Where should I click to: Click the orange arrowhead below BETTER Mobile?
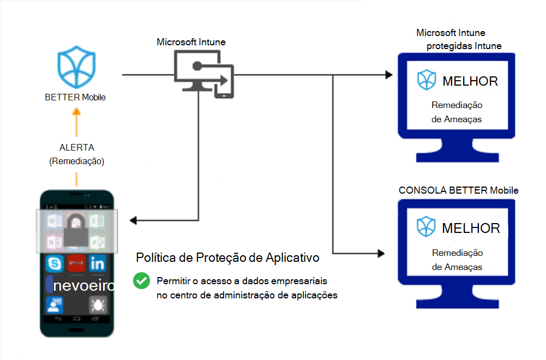tap(76, 111)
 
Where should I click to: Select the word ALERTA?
tap(76, 148)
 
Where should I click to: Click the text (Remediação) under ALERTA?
tap(76, 161)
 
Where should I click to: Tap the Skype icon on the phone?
tap(53, 264)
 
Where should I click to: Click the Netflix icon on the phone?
tap(76, 264)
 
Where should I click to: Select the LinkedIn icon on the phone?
tap(98, 264)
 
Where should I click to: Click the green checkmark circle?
tap(142, 281)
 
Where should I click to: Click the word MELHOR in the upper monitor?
tap(470, 82)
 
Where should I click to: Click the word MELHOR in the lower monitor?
tap(471, 228)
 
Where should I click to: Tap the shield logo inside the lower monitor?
tap(427, 226)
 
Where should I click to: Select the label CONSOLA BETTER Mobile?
tap(458, 190)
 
